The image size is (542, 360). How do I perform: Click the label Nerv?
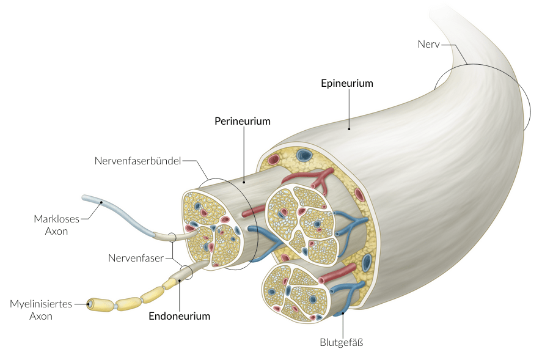(429, 44)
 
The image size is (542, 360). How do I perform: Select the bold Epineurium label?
(346, 83)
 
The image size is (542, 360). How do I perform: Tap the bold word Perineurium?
(242, 121)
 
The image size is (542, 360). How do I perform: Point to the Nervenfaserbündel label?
(138, 161)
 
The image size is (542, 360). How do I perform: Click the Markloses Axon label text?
(51, 225)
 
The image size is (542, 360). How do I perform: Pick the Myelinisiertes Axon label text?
(41, 309)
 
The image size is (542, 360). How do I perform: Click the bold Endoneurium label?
(180, 316)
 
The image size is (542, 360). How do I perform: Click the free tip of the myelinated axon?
(90, 303)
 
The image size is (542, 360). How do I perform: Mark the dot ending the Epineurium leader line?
(349, 128)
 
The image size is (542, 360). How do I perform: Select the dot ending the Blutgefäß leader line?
(342, 313)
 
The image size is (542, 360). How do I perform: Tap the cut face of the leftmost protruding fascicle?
(213, 229)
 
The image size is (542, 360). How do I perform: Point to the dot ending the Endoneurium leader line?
(180, 281)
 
